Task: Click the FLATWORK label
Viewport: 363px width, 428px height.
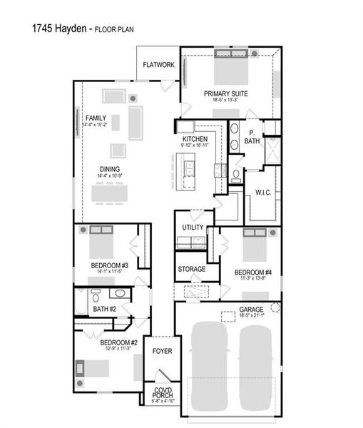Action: click(x=158, y=65)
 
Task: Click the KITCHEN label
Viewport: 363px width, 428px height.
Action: click(x=195, y=138)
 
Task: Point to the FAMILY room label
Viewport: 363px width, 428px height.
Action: click(x=96, y=118)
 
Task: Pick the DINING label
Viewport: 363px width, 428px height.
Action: click(x=109, y=169)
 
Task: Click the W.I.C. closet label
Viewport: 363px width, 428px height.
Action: click(x=263, y=193)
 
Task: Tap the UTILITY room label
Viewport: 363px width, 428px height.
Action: click(x=193, y=228)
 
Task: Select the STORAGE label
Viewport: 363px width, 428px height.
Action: click(x=192, y=269)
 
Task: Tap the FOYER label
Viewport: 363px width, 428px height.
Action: click(x=162, y=351)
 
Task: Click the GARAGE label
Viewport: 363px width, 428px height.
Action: click(x=251, y=310)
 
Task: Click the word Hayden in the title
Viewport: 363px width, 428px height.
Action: click(x=71, y=29)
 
